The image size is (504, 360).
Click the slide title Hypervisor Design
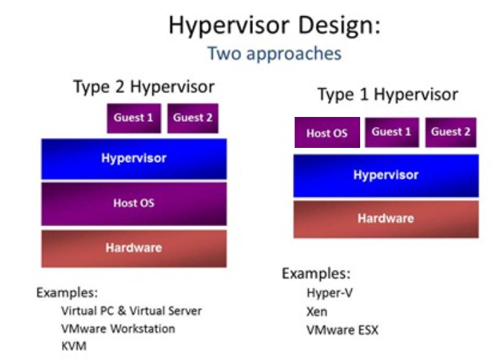click(x=274, y=25)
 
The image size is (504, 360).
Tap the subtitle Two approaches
click(x=274, y=54)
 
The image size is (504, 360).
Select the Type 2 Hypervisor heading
click(x=144, y=87)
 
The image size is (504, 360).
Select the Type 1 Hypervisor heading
click(x=388, y=94)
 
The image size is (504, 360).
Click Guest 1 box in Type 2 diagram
click(x=134, y=118)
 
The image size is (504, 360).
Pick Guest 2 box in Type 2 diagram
click(x=193, y=118)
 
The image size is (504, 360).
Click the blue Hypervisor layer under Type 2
click(x=134, y=159)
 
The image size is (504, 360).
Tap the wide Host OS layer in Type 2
click(x=134, y=204)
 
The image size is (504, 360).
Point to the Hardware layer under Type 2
click(x=134, y=248)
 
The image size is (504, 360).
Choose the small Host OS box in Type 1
click(x=327, y=132)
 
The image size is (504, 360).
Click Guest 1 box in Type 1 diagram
click(x=392, y=132)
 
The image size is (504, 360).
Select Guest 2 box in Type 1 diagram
click(x=450, y=132)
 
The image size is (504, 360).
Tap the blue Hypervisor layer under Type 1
click(x=386, y=175)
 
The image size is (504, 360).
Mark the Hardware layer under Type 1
click(x=386, y=219)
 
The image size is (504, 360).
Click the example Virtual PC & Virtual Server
click(x=132, y=311)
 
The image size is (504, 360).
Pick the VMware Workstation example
click(x=118, y=329)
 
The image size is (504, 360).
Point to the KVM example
click(x=74, y=346)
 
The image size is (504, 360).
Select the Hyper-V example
click(x=330, y=293)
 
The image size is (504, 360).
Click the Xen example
click(x=317, y=311)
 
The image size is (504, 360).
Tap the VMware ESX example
click(x=343, y=330)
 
